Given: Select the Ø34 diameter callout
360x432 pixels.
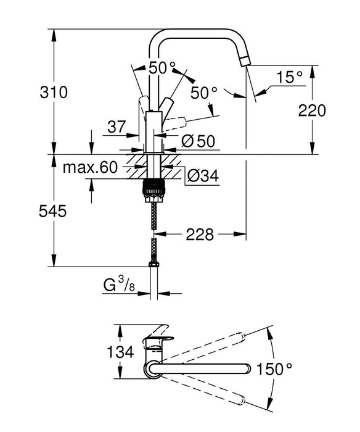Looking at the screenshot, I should pos(201,176).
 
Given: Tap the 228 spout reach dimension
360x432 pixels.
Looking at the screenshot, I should pos(200,234).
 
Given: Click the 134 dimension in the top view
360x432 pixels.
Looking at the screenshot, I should pos(120,352).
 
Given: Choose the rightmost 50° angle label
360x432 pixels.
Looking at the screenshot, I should pos(204,93).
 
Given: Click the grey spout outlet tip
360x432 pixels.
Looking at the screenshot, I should pos(245,60).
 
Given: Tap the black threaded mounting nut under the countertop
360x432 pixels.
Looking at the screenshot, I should pos(154,189).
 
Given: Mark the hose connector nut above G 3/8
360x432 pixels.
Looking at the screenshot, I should pos(154,265).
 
